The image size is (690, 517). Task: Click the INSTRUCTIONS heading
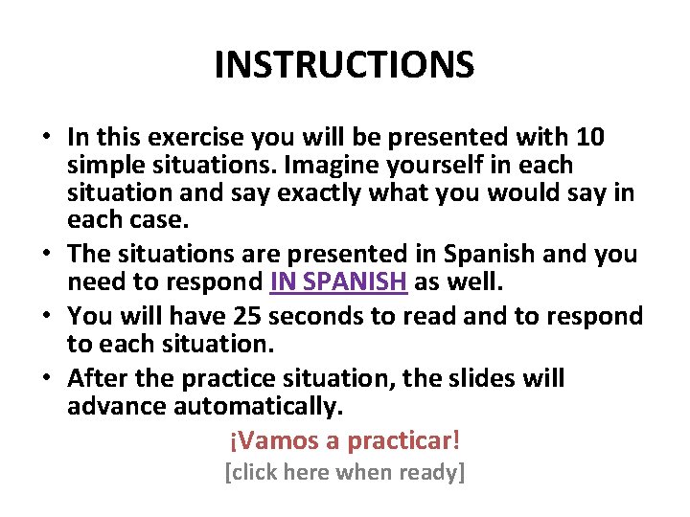pos(344,65)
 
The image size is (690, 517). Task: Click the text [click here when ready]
pos(344,472)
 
